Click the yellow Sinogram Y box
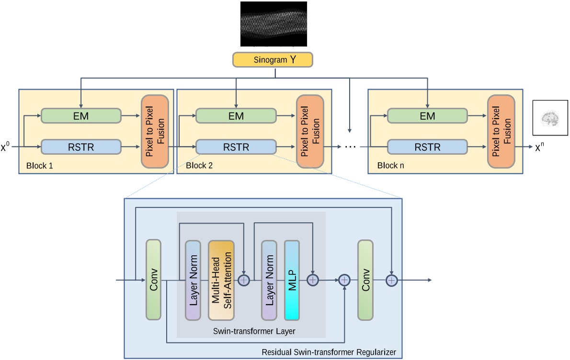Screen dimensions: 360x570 tap(273, 59)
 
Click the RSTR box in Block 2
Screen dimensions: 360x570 tap(236, 147)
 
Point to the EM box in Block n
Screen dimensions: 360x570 tap(427, 115)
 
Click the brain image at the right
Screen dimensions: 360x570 tap(550, 117)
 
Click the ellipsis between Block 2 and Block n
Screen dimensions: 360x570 tap(351, 147)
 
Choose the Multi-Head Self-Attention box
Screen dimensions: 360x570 tap(221, 280)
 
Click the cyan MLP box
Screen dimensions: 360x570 tap(292, 280)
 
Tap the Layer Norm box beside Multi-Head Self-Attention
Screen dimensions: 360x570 tap(193, 280)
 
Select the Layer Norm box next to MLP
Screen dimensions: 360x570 tap(269, 280)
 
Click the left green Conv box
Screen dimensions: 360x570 tap(153, 280)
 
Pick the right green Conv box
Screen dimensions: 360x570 tap(365, 280)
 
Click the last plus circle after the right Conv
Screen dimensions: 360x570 tap(392, 280)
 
